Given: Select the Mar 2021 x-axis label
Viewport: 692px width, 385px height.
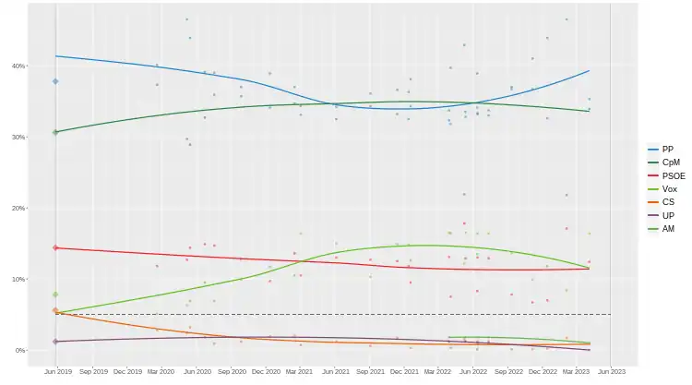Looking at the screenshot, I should pos(299,371).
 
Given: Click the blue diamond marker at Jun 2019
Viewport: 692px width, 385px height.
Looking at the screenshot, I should pos(55,81).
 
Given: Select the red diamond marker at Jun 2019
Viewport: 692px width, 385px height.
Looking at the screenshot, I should pos(55,247).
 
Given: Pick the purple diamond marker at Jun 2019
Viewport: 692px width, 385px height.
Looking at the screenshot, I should pos(55,342).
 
